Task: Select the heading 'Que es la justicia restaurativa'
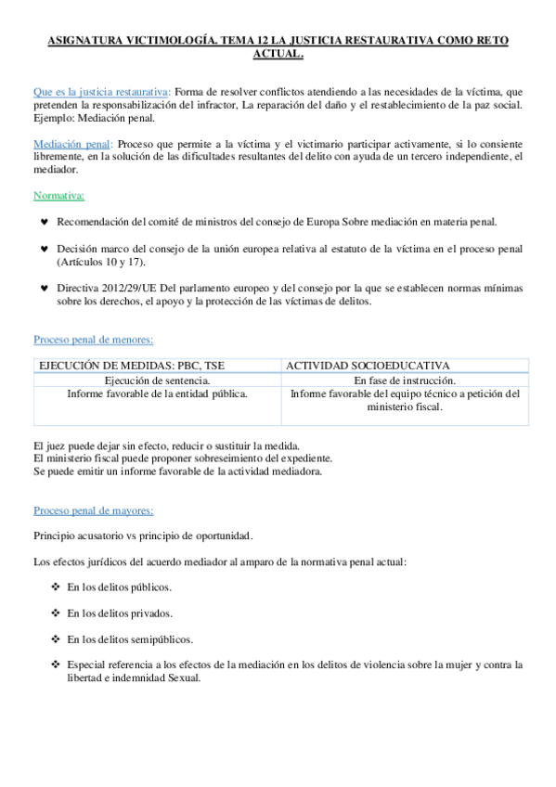[100, 92]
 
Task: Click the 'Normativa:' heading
[58, 196]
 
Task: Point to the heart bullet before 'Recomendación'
[45, 222]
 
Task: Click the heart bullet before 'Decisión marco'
[45, 250]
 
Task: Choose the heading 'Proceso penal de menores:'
[93, 340]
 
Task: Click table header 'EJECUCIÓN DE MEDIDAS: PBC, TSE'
[131, 367]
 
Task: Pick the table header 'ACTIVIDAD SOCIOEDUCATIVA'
[368, 367]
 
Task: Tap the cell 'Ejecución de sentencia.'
[157, 381]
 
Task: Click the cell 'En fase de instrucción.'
[405, 381]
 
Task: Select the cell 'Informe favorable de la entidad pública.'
[157, 393]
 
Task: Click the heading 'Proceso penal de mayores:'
[94, 510]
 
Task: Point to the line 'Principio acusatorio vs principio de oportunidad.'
[143, 536]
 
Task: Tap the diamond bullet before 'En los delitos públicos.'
[56, 587]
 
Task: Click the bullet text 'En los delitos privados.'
[120, 613]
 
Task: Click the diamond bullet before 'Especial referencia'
[56, 664]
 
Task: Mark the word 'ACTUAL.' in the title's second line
[278, 55]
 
